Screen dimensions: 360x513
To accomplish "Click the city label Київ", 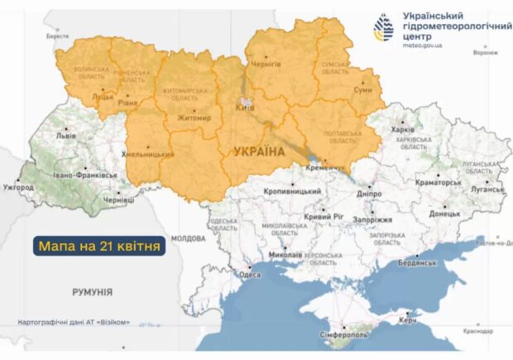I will point(245,108).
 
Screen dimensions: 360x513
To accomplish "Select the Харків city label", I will point(402,130).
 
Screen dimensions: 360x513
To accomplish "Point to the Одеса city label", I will point(250,275).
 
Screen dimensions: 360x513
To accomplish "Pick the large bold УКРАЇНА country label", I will point(259,151).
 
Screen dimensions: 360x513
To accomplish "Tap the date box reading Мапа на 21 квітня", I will point(99,245).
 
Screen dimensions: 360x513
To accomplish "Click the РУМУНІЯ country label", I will point(91,292).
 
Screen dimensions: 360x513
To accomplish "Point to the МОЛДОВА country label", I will point(188,238).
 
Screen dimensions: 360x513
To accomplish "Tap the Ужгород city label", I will point(18,188).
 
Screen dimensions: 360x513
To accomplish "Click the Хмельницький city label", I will point(149,154).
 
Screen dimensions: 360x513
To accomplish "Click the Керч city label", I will point(408,319).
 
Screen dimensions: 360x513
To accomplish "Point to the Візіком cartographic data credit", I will point(74,322).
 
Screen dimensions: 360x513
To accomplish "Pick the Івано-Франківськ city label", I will point(86,176).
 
